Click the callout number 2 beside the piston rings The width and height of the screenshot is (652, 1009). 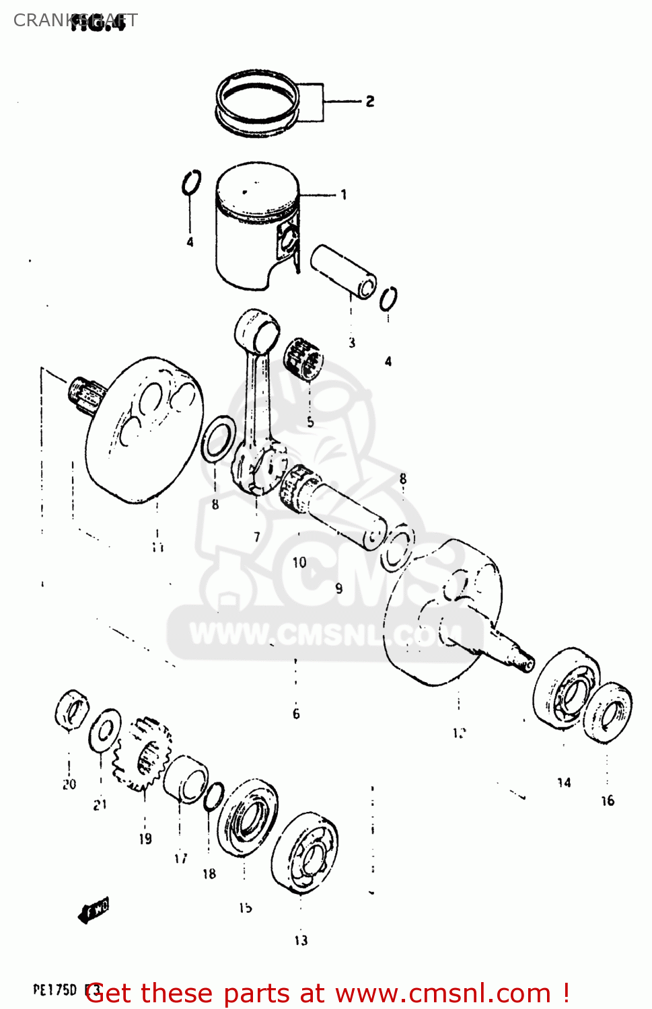tap(370, 102)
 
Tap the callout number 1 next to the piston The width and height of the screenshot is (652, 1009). tap(344, 195)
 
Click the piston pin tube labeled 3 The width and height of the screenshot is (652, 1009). tap(343, 272)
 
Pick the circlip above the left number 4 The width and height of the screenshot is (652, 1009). tap(191, 182)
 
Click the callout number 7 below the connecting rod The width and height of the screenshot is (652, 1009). tap(257, 537)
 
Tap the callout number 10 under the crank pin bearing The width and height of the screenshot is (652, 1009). tap(299, 562)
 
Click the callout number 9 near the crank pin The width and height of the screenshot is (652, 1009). tap(339, 589)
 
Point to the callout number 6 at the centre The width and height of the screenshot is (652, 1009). tap(296, 714)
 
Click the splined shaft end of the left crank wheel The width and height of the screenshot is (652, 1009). tap(86, 393)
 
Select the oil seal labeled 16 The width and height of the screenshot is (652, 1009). tap(607, 713)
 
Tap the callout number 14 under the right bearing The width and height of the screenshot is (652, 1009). tap(564, 782)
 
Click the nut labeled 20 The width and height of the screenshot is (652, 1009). tap(71, 710)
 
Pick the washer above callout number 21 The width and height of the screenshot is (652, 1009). tap(105, 731)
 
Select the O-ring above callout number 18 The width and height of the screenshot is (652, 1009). tap(213, 797)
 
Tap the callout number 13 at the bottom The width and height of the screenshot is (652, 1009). tap(301, 940)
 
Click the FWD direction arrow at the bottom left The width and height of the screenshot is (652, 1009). tap(94, 911)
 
